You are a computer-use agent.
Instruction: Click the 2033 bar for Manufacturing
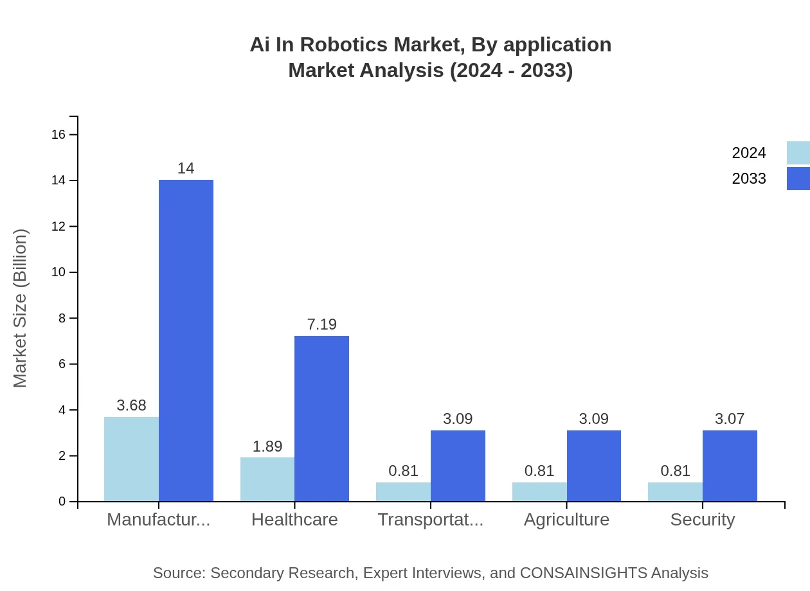[x=186, y=340]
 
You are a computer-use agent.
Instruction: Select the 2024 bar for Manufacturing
[x=131, y=459]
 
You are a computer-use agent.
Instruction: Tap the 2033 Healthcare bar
[x=321, y=418]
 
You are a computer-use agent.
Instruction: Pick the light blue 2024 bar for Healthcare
[x=267, y=479]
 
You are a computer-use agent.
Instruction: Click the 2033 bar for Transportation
[x=458, y=466]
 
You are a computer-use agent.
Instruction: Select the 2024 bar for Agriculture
[x=539, y=491]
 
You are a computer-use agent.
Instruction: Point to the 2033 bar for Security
[x=730, y=466]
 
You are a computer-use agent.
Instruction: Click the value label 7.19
[x=321, y=325]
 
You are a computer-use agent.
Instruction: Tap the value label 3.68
[x=131, y=406]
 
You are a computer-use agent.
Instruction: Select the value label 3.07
[x=730, y=419]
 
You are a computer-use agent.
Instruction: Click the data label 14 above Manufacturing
[x=186, y=169]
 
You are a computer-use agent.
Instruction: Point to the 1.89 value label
[x=267, y=447]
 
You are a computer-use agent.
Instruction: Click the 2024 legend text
[x=749, y=153]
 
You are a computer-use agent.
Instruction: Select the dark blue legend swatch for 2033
[x=798, y=179]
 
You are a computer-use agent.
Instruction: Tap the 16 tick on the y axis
[x=59, y=134]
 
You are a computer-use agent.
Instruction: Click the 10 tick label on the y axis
[x=59, y=272]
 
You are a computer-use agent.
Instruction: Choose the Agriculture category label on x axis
[x=566, y=520]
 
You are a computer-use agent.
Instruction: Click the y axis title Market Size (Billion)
[x=21, y=308]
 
